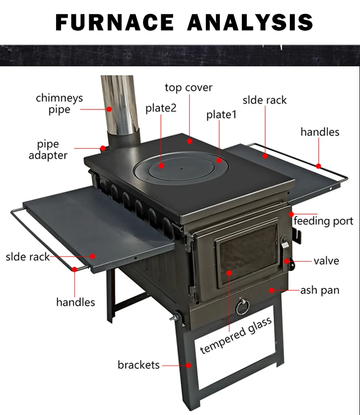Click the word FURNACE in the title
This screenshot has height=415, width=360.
[115, 22]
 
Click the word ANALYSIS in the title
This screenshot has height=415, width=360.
[250, 22]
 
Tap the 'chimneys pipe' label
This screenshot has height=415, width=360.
[59, 104]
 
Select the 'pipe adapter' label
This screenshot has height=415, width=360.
[48, 150]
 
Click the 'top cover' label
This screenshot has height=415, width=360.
[188, 88]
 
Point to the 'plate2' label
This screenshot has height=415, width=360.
[161, 108]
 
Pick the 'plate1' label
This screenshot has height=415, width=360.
[221, 115]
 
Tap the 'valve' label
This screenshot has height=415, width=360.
[326, 261]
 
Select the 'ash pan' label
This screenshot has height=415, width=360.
[320, 290]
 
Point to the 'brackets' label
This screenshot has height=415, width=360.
[138, 365]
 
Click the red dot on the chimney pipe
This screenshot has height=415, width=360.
[109, 109]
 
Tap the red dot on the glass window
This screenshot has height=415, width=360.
[229, 273]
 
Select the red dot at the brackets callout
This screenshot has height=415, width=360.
[189, 365]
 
